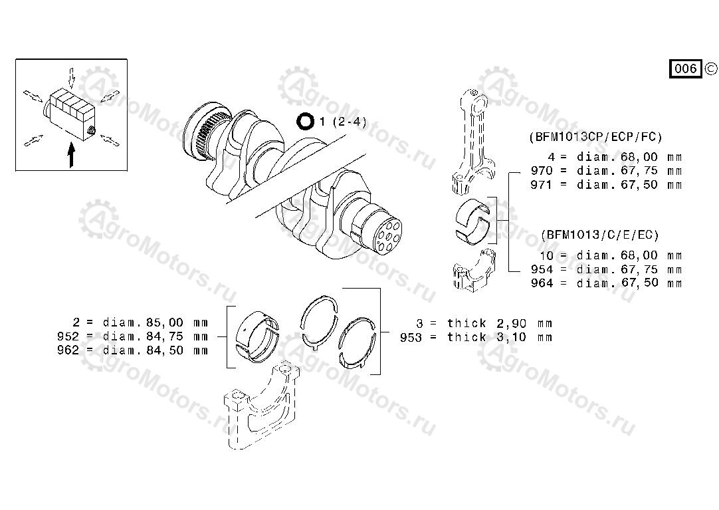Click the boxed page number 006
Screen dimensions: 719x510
[x=686, y=68]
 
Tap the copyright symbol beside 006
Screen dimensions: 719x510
[x=711, y=68]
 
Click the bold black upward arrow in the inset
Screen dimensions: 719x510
[x=71, y=155]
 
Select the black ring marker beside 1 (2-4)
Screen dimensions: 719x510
[x=305, y=122]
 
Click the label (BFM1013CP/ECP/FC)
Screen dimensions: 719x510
[x=595, y=137]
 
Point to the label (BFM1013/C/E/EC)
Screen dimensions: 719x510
[x=600, y=235]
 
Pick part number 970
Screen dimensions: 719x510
[x=542, y=171]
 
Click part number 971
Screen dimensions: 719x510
[x=542, y=185]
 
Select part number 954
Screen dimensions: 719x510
[x=542, y=269]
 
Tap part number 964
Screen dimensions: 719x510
[x=542, y=283]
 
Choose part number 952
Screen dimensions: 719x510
[x=68, y=336]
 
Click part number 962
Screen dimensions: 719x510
[x=68, y=350]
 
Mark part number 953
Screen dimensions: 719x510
[x=411, y=338]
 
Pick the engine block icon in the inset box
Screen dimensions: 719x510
[x=70, y=114]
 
